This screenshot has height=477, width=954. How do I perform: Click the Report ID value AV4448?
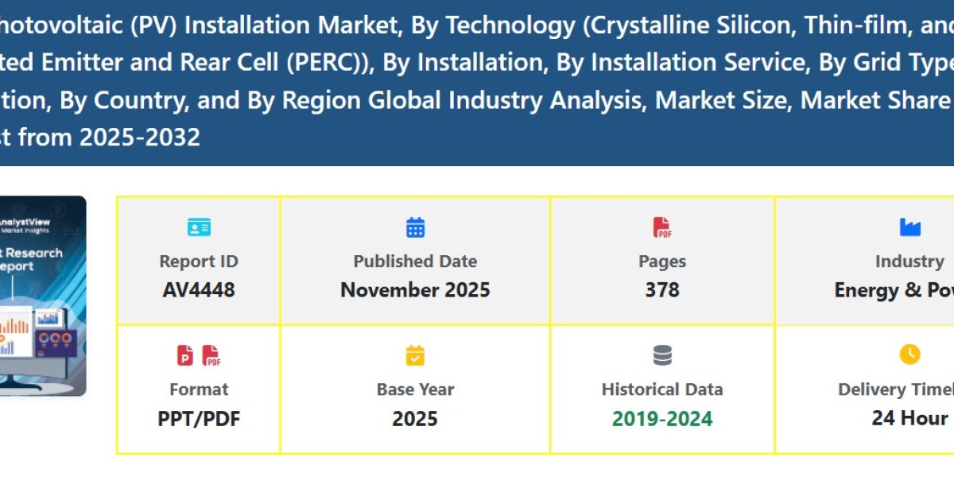pos(199,290)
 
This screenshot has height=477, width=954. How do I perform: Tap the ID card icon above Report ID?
pos(199,227)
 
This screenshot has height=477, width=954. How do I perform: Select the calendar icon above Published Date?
pos(415,227)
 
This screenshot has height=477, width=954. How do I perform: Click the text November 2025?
pos(415,290)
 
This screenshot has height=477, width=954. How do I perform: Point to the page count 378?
pos(662,290)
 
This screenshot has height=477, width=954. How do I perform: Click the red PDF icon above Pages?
pos(662,227)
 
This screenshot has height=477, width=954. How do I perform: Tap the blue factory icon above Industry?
pos(909,227)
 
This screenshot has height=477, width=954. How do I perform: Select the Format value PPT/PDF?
pos(199,418)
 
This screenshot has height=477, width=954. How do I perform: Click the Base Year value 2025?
pos(415,418)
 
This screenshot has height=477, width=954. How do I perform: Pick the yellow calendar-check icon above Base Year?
pos(415,355)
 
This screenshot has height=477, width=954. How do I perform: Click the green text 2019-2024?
pos(662,418)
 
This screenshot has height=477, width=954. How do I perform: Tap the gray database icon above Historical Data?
pos(662,355)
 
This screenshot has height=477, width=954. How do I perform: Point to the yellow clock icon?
pos(909,355)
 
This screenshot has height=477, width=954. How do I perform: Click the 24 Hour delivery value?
pos(909,418)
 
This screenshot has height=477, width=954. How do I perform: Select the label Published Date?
pos(415,262)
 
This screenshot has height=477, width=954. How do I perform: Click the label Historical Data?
pos(662,390)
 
